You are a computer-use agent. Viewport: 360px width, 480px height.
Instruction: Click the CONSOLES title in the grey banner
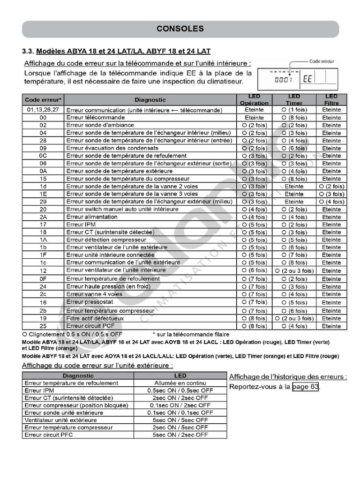(180, 29)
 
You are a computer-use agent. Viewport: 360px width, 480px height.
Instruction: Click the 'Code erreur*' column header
(43, 99)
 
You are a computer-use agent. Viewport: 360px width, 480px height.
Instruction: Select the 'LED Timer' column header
(294, 99)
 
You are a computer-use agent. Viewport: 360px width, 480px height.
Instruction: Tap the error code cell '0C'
(43, 156)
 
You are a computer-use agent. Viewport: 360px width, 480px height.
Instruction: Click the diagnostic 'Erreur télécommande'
(96, 117)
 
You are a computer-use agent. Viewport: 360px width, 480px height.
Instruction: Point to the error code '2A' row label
(43, 217)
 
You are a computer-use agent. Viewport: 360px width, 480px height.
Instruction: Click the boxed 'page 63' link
(306, 387)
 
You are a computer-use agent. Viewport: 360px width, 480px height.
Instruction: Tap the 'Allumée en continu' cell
(180, 383)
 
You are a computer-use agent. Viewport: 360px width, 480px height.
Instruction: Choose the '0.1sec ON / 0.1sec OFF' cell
(180, 412)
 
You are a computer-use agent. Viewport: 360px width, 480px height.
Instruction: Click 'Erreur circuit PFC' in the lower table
(49, 435)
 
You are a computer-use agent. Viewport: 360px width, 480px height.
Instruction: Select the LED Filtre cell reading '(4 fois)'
(331, 202)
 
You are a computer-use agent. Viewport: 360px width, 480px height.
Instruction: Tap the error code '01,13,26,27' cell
(43, 110)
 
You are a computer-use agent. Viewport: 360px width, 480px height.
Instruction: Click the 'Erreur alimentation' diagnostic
(92, 217)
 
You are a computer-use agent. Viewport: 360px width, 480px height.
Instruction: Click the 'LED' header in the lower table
(180, 375)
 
